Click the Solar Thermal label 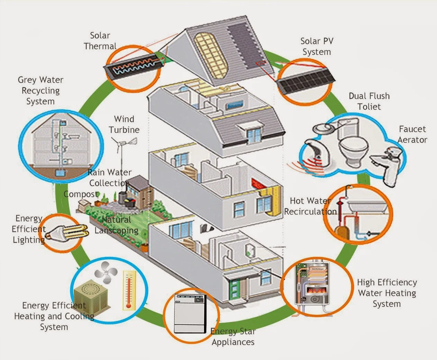[x=100, y=41]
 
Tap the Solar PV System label [x=317, y=46]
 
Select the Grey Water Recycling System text [x=40, y=91]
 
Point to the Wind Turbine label [x=124, y=124]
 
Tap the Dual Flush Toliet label [x=369, y=101]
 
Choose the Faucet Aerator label [x=412, y=134]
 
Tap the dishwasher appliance [x=190, y=314]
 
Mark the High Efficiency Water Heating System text [x=387, y=293]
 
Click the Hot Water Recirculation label [x=310, y=206]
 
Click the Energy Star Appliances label [x=233, y=337]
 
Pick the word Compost [x=81, y=194]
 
